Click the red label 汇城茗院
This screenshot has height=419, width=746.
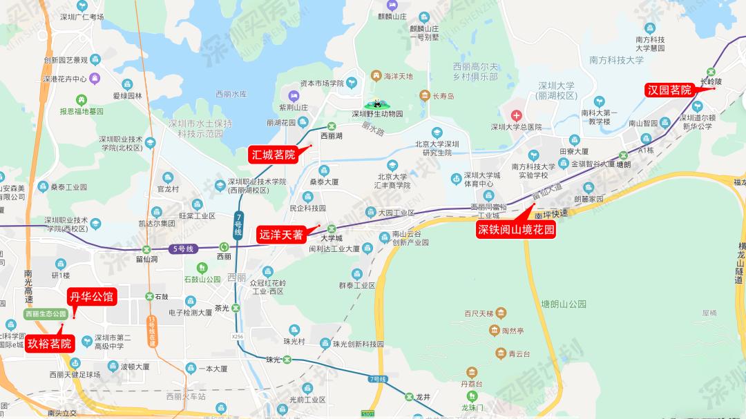273,155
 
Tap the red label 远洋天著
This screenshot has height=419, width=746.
281,235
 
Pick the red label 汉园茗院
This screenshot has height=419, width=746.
669,90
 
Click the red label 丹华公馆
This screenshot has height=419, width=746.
91,298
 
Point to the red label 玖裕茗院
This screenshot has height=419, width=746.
50,343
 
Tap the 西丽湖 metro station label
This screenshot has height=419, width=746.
331,137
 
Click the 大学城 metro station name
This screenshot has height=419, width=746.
332,238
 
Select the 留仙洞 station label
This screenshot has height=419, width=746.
146,260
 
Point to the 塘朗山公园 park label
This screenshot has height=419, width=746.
563,304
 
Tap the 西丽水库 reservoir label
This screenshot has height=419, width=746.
231,94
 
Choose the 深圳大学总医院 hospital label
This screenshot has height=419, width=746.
516,127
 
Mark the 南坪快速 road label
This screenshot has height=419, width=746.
551,214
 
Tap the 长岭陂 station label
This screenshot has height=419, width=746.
710,81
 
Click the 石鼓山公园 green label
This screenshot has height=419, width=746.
202,280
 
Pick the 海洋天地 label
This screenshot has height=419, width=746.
398,76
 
